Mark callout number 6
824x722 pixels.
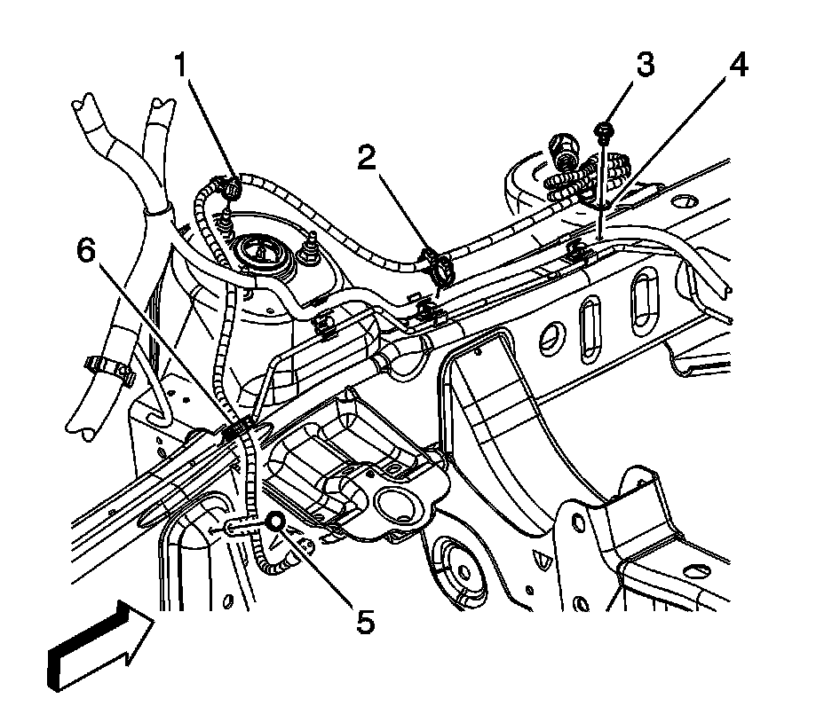pos(85,251)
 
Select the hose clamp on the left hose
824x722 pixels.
pos(108,367)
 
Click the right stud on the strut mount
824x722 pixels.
pos(313,247)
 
